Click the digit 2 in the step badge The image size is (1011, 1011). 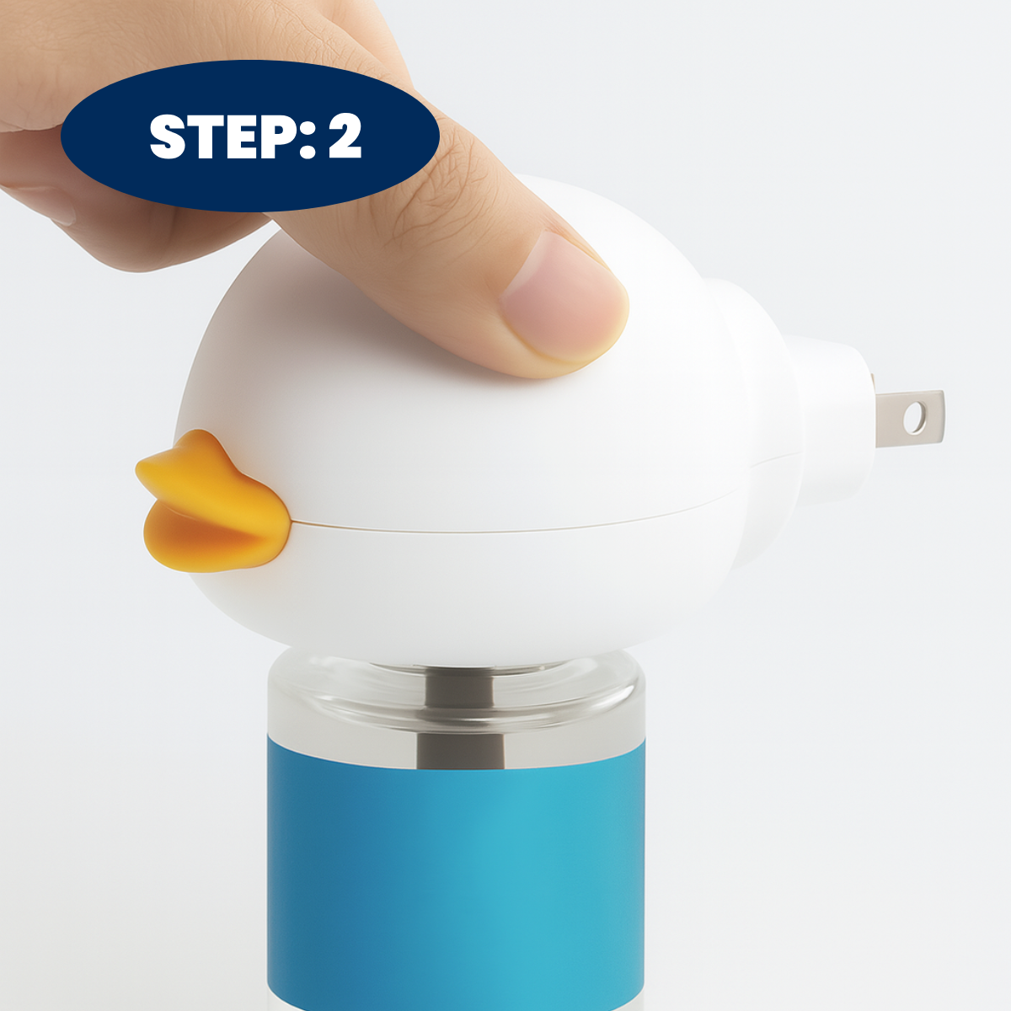point(345,136)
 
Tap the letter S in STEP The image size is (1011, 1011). point(168,137)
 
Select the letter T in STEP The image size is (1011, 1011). point(206,136)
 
